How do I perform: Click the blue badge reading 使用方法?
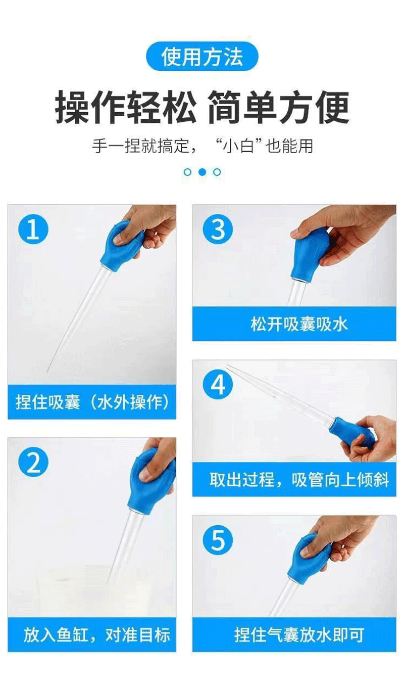pyautogui.click(x=202, y=57)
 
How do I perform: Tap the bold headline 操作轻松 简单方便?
pyautogui.click(x=202, y=107)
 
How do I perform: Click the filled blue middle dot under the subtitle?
pyautogui.click(x=202, y=172)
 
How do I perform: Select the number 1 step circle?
pyautogui.click(x=33, y=230)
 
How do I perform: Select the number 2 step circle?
pyautogui.click(x=33, y=462)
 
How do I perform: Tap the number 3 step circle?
pyautogui.click(x=218, y=230)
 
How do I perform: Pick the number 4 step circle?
pyautogui.click(x=218, y=385)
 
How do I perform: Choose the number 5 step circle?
pyautogui.click(x=218, y=540)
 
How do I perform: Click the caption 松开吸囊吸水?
pyautogui.click(x=299, y=324)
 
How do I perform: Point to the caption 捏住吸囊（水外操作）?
pyautogui.click(x=92, y=402)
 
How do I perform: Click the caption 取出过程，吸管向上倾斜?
pyautogui.click(x=299, y=480)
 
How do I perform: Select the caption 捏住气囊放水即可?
pyautogui.click(x=299, y=635)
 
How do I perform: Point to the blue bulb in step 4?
pyautogui.click(x=351, y=432)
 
